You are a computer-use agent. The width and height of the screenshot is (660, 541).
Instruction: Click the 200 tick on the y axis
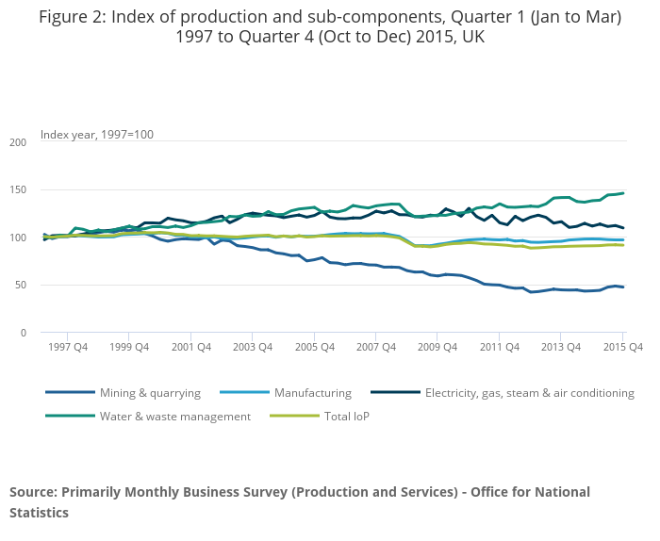18,142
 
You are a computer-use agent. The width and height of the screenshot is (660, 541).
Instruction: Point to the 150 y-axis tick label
18,189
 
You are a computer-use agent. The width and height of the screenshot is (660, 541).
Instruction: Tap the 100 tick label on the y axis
18,238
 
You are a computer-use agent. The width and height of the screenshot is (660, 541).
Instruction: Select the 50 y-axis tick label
21,285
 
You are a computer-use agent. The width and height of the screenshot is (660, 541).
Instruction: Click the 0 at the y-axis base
24,333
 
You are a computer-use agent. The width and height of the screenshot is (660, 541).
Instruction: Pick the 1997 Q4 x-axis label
68,348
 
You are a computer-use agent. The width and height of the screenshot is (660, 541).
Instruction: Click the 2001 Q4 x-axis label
191,348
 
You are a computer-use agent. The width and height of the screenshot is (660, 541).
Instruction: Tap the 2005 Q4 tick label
315,348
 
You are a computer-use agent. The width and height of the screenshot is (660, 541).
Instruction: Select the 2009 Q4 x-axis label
437,348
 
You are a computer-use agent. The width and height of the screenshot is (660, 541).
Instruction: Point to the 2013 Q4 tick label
561,348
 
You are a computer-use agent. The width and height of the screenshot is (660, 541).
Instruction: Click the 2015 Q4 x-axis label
623,348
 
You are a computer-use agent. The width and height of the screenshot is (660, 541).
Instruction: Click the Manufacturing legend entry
312,393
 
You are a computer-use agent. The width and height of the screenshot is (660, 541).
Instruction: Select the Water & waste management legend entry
174,416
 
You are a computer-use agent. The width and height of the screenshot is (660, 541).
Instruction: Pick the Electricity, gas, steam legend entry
529,393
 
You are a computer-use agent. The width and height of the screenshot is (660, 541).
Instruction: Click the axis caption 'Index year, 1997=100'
97,134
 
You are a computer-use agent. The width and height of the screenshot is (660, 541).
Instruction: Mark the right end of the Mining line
623,287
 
